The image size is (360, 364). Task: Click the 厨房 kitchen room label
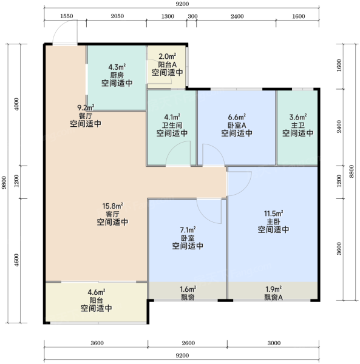point(117,75)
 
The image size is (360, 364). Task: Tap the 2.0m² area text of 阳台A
point(167,56)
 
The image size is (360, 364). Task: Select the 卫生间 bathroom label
point(172,126)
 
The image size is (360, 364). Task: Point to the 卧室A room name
point(237,126)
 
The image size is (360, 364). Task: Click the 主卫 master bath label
point(297,126)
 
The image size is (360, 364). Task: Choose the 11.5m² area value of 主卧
point(273,213)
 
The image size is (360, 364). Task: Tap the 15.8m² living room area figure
point(113,206)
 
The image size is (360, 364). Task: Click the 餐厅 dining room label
point(86,116)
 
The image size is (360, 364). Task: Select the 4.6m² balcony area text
point(97,292)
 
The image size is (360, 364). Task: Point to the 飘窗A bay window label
point(273,297)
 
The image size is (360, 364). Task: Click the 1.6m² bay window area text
point(188,289)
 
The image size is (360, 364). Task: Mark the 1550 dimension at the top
point(67,16)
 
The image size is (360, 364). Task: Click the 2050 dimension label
point(117,16)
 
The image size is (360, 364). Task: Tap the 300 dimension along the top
point(192,16)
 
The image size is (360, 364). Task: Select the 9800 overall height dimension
point(4,183)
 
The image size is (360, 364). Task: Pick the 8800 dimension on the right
point(352,172)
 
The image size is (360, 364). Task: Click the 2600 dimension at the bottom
point(188,343)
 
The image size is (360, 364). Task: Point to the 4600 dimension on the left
point(16,260)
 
